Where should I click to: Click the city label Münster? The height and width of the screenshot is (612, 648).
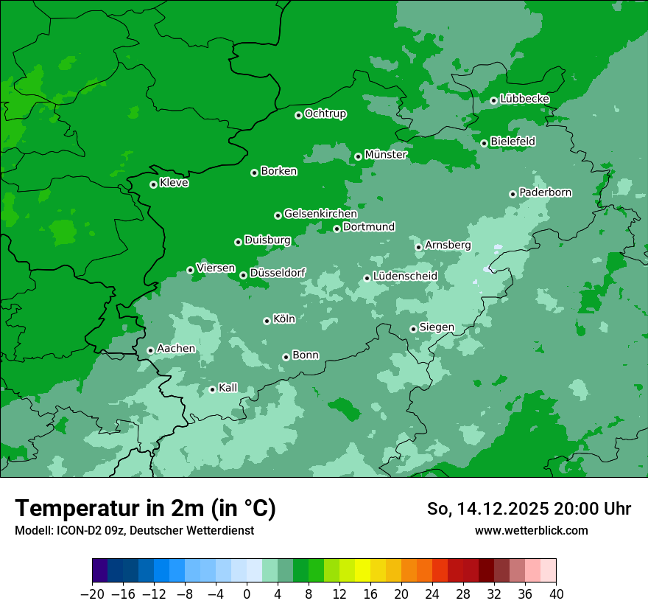coord(385,155)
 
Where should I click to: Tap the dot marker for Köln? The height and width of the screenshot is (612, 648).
coord(267,321)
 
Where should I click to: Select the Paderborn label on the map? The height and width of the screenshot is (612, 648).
coord(545,192)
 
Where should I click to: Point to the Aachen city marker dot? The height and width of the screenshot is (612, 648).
coord(150,350)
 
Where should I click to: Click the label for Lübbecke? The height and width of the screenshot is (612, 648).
coord(524,99)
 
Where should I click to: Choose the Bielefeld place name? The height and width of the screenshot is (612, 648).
coord(513,141)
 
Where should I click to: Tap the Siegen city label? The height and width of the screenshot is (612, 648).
coord(437,327)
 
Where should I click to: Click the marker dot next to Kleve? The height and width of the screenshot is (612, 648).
coord(153,184)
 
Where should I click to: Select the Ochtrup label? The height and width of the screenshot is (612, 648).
coord(325,114)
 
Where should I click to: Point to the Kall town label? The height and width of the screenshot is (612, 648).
coord(228,388)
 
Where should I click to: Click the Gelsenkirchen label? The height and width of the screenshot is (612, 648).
coord(320,214)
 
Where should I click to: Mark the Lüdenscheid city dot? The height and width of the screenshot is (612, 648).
coord(367,278)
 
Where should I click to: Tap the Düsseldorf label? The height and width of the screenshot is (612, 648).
coord(278,273)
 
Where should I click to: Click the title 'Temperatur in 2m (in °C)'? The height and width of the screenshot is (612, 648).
coord(145,509)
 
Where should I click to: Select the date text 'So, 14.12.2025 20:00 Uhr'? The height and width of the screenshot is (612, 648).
coord(529,509)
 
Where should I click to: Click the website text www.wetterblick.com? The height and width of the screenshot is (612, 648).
coord(531,530)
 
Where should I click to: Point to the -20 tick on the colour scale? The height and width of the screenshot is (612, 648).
coord(92,594)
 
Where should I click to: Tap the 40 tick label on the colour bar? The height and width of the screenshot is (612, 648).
coord(556,594)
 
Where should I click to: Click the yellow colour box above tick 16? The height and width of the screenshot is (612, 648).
coord(362,571)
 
